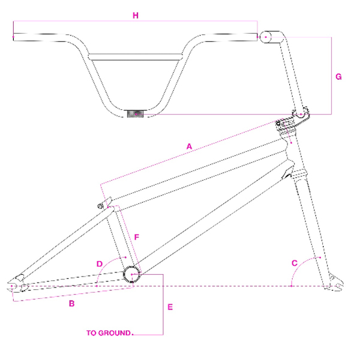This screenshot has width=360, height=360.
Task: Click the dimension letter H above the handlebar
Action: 136,16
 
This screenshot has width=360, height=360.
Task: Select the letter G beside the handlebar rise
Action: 339,77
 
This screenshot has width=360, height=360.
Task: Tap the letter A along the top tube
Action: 189,146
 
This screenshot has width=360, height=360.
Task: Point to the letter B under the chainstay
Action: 71,304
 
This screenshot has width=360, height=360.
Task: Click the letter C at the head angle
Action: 295,262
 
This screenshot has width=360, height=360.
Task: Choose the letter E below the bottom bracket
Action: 170,307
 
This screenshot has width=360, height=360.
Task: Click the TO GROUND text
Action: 109,332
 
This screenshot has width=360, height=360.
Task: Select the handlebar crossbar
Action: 135,58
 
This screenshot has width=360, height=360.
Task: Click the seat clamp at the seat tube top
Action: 106,204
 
